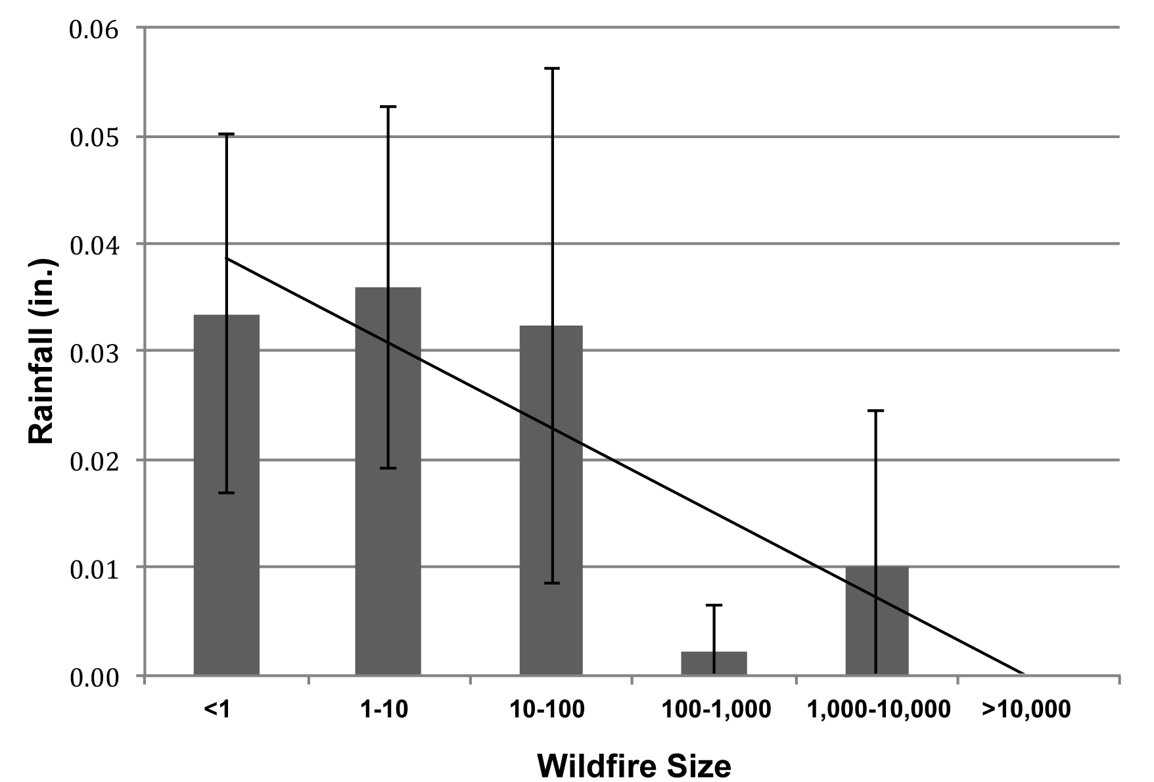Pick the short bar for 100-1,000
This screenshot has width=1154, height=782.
pos(714,663)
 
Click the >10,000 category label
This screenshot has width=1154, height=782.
pos(1026,710)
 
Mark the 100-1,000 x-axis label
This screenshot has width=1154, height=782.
pos(716,710)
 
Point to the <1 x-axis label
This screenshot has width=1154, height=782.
pos(217,710)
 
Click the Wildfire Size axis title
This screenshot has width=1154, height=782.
pos(634,766)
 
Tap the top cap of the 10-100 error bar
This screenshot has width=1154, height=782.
pos(552,68)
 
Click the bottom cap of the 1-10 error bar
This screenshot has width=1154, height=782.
pos(388,468)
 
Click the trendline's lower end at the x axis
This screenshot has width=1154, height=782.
pos(1023,673)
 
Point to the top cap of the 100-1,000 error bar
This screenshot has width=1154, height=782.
pos(714,605)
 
